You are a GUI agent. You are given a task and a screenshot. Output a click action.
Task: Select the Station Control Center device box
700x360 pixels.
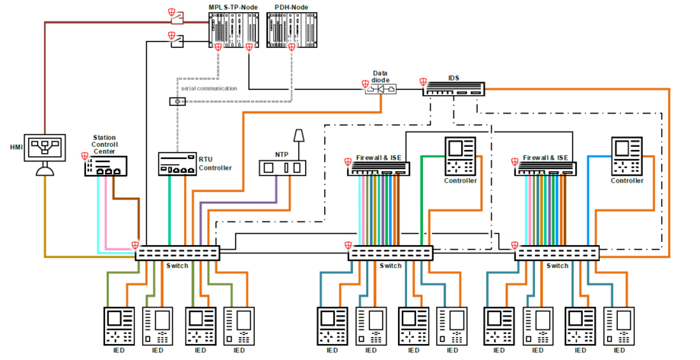point(107,167)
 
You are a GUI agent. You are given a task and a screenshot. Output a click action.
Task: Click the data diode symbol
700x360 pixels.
point(382,89)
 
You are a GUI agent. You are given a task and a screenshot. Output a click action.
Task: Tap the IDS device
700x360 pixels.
point(454,88)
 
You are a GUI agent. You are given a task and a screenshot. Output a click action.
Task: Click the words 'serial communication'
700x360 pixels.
point(208,88)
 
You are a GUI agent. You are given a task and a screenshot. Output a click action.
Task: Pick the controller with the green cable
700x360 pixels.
point(460,155)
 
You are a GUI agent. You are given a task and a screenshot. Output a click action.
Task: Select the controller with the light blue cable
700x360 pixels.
point(628,155)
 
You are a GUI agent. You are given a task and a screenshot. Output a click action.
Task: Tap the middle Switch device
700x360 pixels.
point(390,253)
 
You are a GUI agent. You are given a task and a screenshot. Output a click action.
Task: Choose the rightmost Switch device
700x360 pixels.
point(557,253)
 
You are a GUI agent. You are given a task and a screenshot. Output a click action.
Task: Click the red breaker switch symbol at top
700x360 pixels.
point(176,18)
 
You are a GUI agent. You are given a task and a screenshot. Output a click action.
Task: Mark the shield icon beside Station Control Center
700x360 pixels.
point(85,156)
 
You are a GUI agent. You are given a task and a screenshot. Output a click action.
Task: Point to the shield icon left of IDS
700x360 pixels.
point(423,80)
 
